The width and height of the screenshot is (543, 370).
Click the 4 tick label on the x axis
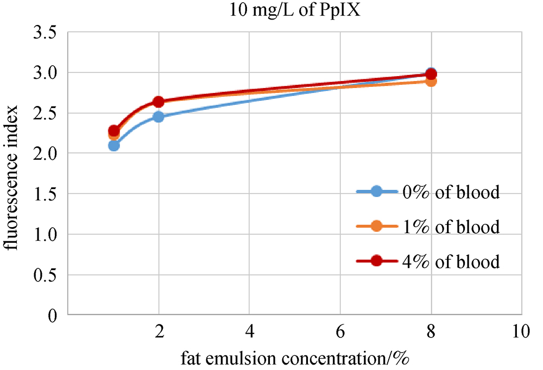click(x=249, y=331)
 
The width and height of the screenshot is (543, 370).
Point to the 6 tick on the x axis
click(x=340, y=331)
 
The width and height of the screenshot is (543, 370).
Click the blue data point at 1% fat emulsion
click(x=113, y=146)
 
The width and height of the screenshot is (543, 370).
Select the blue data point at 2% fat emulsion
click(x=159, y=117)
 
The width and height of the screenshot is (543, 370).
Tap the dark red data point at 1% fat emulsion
click(x=113, y=130)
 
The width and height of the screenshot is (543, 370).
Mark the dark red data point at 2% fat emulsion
click(x=159, y=102)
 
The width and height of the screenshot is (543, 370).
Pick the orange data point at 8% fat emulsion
click(x=431, y=81)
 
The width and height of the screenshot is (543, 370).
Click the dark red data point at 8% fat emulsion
click(x=432, y=74)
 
